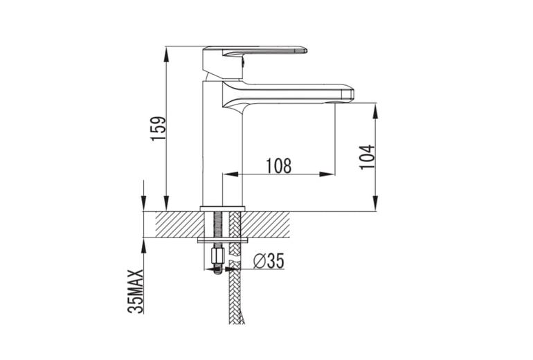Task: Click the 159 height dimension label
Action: [x=159, y=129]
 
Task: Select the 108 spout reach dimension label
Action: [x=278, y=165]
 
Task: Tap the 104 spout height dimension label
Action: [x=368, y=156]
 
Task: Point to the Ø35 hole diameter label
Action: [x=269, y=261]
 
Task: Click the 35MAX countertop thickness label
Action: [x=135, y=291]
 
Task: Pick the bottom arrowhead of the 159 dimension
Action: [x=166, y=203]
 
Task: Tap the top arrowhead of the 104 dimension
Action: [x=375, y=111]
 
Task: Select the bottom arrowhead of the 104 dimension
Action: [x=375, y=203]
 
